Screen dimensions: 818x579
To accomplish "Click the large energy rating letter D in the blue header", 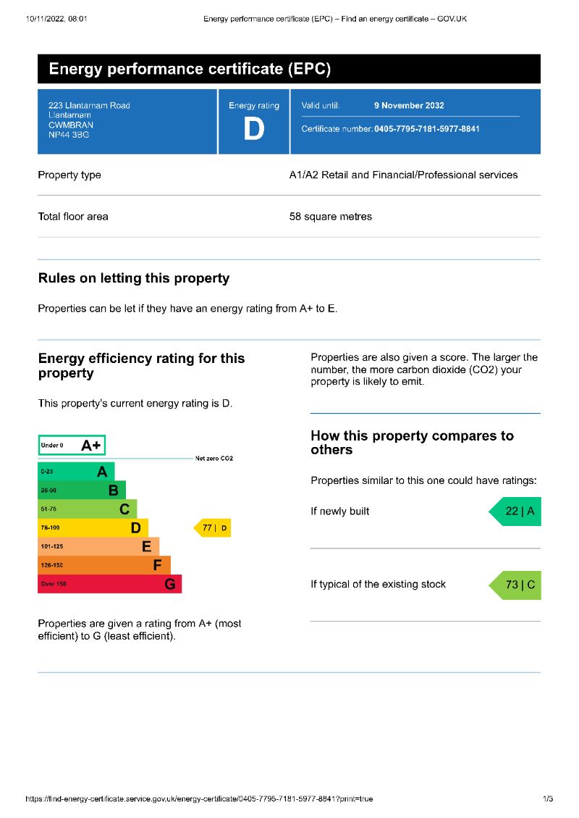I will point(253,130).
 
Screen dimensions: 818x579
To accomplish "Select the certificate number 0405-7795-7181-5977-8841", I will point(426,129).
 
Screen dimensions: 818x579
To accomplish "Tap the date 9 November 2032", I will point(409,105).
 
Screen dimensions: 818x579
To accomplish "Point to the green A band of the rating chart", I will point(76,472).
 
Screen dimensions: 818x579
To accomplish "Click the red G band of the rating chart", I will point(109,584).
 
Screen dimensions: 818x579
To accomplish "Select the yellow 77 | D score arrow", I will point(213,528).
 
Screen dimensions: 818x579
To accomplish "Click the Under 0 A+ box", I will point(72,445).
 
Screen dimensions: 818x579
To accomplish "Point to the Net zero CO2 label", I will point(214,459).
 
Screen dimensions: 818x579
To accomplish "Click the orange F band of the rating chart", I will point(103,565).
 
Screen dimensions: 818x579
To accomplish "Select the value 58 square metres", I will point(331,217).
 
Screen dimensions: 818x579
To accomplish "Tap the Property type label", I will point(69,175).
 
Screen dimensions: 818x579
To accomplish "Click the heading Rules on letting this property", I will point(134,278).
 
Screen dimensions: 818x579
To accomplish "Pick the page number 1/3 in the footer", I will point(548,799).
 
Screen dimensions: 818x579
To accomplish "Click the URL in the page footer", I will point(199,799).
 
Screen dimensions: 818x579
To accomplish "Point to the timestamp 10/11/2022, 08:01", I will point(56,19).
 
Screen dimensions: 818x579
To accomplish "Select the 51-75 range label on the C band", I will point(48,509).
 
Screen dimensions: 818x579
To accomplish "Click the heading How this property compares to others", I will point(412,443).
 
